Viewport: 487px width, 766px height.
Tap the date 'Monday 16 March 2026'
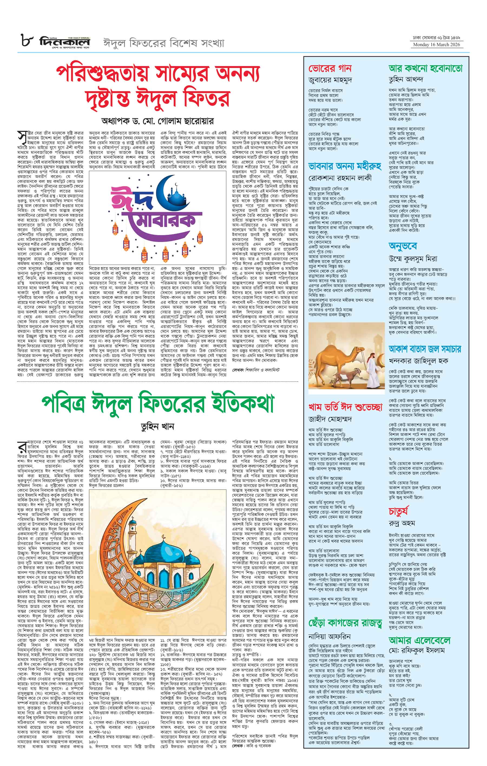pyautogui.click(x=438, y=45)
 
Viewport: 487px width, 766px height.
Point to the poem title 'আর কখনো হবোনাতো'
pyautogui.click(x=425, y=69)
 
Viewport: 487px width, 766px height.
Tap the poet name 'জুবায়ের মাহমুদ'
pyautogui.click(x=330, y=80)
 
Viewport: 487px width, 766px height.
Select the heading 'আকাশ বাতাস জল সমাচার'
pyautogui.click(x=425, y=349)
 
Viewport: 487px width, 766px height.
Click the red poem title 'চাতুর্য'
pyautogui.click(x=398, y=511)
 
